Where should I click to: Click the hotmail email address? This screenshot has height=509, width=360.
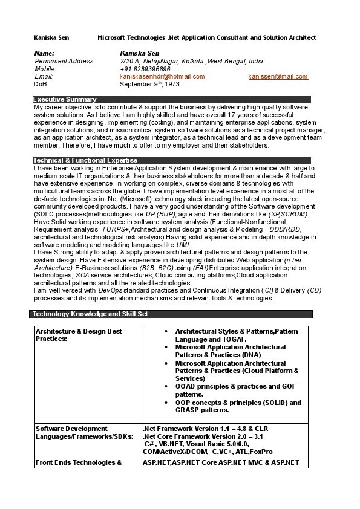coord(162,77)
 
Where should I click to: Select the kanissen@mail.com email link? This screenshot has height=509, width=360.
coord(278,77)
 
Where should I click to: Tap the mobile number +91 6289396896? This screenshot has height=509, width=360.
coord(145,69)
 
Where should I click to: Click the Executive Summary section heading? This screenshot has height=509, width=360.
coord(65,99)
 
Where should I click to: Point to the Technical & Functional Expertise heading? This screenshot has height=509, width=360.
coord(85,160)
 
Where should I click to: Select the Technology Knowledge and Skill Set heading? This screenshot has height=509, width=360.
coord(90,314)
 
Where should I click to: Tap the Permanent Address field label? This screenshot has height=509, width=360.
coord(65,61)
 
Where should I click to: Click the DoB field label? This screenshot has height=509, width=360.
coord(41,85)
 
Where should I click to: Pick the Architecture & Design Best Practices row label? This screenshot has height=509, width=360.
coord(79,335)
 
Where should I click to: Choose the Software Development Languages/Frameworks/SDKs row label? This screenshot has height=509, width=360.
coord(84,432)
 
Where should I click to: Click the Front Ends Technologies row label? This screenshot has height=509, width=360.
coord(79,462)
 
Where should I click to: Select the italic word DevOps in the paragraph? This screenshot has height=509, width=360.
coord(110,290)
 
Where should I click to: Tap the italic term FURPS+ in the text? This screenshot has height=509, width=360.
coord(115,230)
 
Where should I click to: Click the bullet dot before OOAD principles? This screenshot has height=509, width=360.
coord(167,386)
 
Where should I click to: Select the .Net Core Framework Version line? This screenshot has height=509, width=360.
coord(203,436)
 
